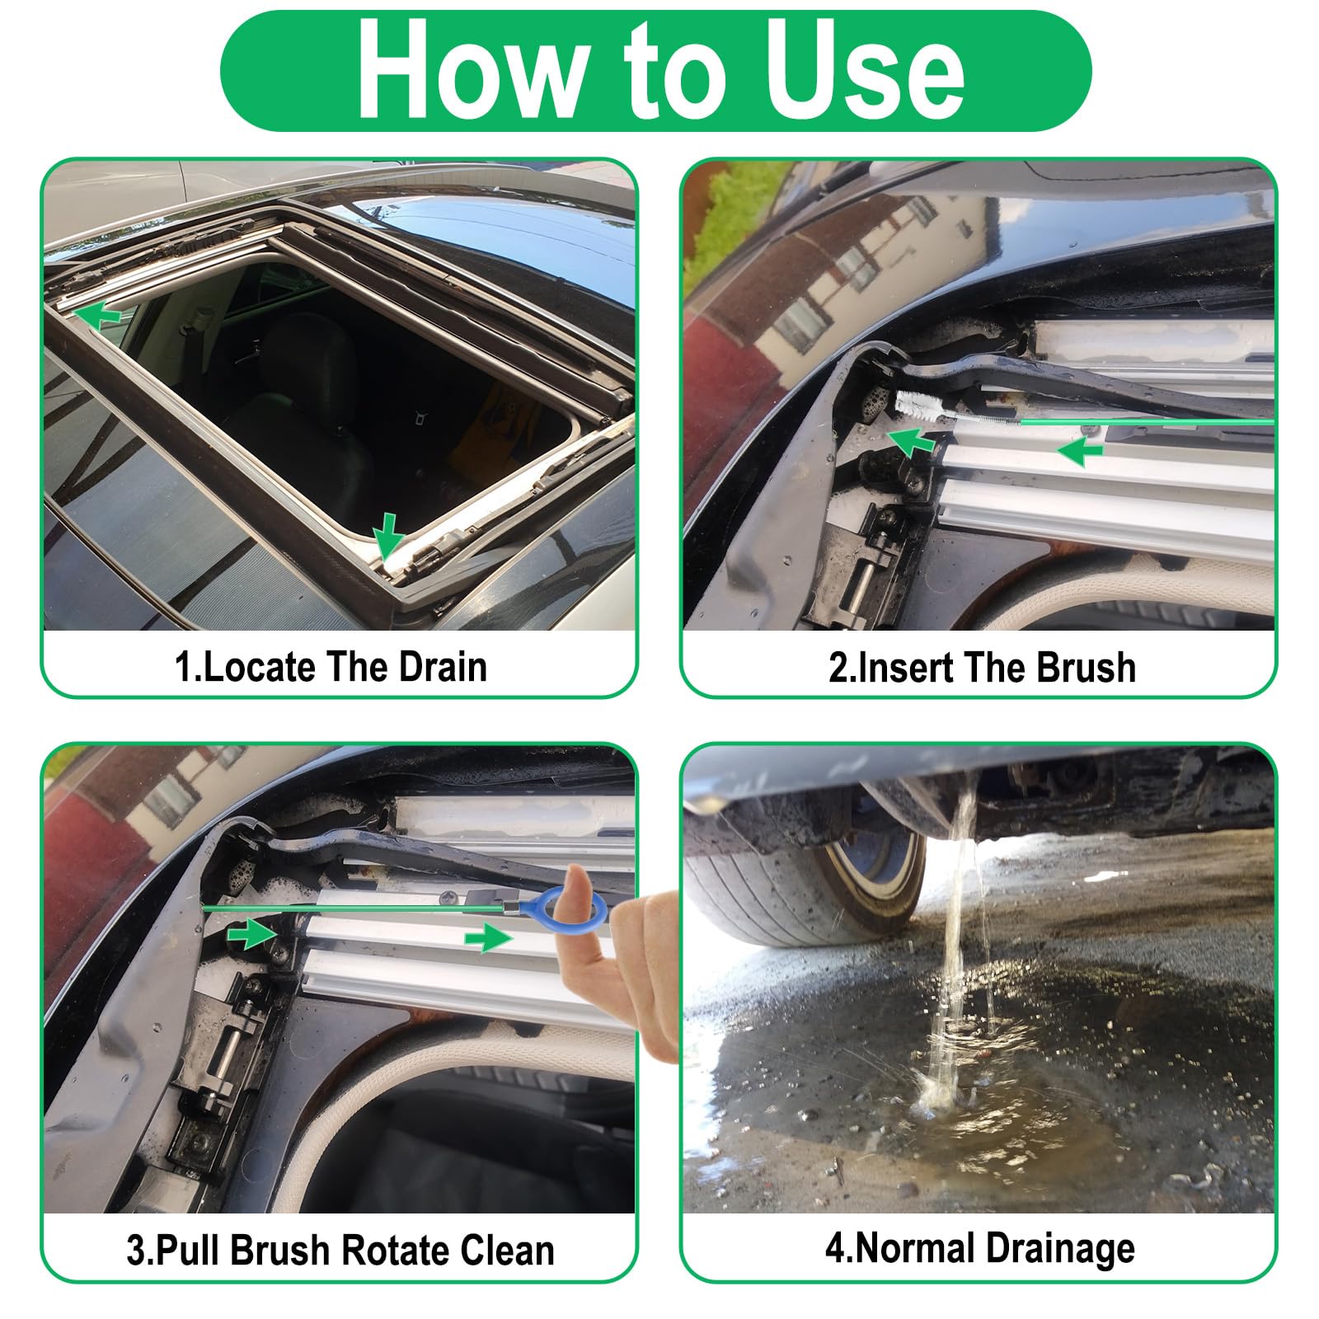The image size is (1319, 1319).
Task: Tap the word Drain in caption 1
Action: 443,667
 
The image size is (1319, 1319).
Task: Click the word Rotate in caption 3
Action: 393,1250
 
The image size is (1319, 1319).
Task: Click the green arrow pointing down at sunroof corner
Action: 387,534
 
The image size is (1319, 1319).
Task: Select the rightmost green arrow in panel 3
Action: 488,938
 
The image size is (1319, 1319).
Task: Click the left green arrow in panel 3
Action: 251,934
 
